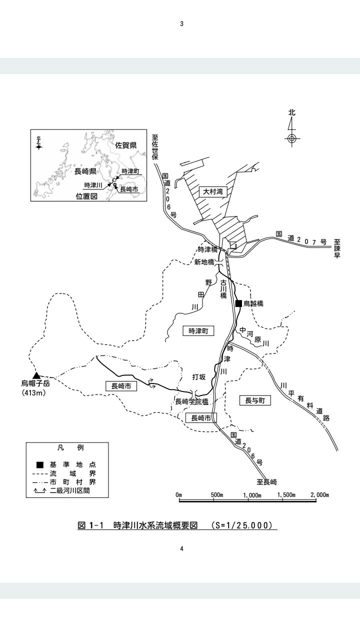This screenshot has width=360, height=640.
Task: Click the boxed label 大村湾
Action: pos(213,191)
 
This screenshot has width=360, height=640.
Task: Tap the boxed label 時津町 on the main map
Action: pos(198,331)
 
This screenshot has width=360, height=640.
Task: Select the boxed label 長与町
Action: pos(255,400)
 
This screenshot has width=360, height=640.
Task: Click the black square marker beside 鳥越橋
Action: pos(238,303)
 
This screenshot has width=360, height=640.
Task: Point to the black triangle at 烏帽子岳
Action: pos(36,375)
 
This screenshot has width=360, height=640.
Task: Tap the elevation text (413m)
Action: pos(34,392)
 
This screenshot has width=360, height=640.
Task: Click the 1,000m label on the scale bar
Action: pos(252,495)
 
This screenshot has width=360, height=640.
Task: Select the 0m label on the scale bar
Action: pos(179,495)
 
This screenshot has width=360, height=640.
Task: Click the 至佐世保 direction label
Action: pos(155,147)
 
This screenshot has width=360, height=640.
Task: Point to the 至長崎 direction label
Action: pos(266,482)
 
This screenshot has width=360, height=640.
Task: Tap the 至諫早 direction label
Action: pos(337,248)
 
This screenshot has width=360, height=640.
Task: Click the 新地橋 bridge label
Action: pos(204,262)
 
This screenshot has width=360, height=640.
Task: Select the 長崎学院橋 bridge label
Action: pos(191,401)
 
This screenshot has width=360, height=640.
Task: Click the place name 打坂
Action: pos(199,377)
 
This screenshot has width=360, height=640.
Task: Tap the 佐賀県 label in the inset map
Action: pos(125,145)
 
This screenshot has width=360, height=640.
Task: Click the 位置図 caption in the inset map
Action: pos(86,196)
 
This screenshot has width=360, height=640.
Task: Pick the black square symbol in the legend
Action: pos(40,465)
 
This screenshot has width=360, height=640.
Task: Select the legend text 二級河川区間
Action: pos(69,490)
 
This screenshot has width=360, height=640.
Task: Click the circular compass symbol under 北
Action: pos(291,139)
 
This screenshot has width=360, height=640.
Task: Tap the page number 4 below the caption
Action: pos(181,549)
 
